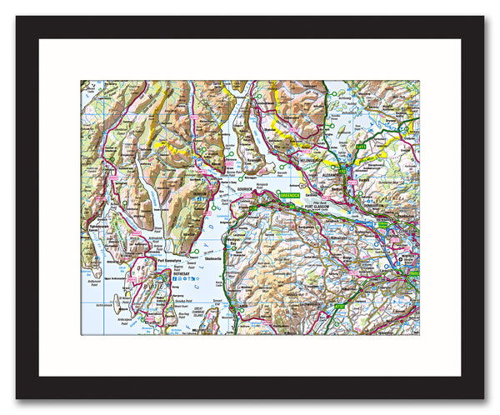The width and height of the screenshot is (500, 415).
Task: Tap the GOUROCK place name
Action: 243,188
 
